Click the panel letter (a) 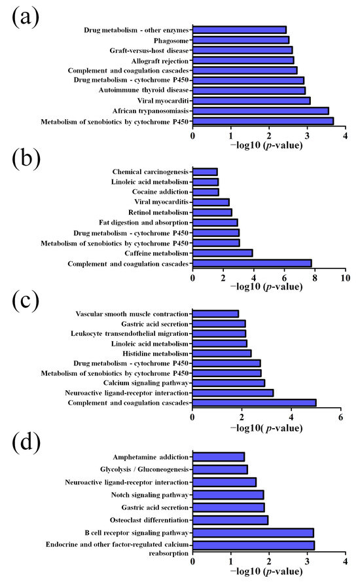pyautogui.click(x=26, y=18)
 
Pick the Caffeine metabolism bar pyautogui.click(x=223, y=253)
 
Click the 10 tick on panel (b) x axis pyautogui.click(x=345, y=279)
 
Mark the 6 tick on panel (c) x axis pyautogui.click(x=340, y=417)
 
